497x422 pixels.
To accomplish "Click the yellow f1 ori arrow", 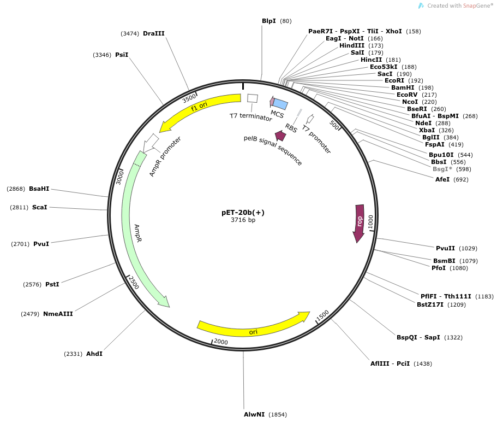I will click(202, 107).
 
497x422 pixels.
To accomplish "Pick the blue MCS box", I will click(280, 104).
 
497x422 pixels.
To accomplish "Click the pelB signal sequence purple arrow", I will click(281, 136).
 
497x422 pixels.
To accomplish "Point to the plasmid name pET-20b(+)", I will click(243, 212).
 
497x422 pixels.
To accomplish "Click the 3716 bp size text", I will click(243, 220).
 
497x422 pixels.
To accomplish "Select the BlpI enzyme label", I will click(268, 21).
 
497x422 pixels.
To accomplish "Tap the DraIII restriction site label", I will click(153, 33).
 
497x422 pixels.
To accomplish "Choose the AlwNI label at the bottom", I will click(254, 414).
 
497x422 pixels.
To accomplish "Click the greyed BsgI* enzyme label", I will click(442, 169).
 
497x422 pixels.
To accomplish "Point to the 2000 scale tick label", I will click(221, 342).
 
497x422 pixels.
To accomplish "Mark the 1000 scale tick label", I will click(370, 222).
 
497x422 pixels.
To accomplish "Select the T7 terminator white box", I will click(253, 98).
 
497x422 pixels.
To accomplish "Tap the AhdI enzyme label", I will click(94, 354).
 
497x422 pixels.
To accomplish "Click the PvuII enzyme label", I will click(446, 248).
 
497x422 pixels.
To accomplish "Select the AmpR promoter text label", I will click(165, 156).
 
